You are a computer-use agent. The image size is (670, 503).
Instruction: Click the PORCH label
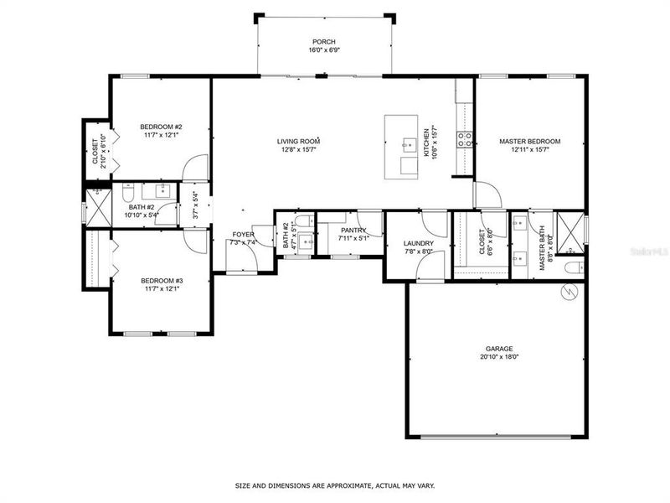[x=323, y=41]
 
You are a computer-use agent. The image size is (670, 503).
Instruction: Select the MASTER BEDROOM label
[x=529, y=142]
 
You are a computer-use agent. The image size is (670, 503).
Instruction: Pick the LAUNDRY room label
[x=419, y=243]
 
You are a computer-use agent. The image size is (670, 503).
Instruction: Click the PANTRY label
[x=353, y=230]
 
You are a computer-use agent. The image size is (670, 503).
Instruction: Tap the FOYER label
[x=243, y=235]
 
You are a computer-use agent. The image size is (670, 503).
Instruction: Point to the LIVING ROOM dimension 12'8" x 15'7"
[x=299, y=150]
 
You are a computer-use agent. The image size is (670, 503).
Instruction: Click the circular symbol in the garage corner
[x=569, y=291]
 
